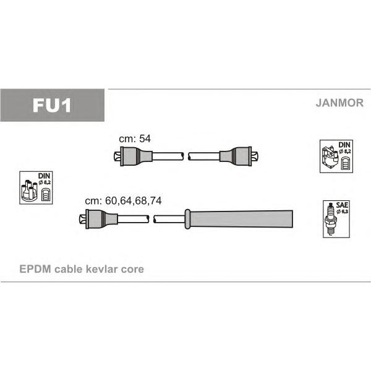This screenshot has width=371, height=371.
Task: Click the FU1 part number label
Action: (x=52, y=105)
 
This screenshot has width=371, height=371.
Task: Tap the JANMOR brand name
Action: (x=339, y=103)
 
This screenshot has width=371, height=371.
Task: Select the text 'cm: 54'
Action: (x=135, y=139)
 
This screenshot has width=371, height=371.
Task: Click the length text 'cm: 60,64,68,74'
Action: (x=123, y=200)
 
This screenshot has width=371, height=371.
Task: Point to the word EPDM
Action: (x=35, y=269)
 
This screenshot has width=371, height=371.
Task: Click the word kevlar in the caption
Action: (x=101, y=269)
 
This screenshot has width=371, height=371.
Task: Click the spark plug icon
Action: (x=331, y=219)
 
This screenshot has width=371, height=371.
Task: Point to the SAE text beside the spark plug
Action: (x=342, y=205)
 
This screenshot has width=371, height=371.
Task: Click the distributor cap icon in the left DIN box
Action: (x=29, y=190)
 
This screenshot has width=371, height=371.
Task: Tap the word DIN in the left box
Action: (x=45, y=176)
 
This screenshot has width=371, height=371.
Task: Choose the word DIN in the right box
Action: (x=344, y=145)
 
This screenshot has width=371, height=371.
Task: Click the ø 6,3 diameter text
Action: (x=343, y=211)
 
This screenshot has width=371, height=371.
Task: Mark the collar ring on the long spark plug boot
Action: (x=187, y=219)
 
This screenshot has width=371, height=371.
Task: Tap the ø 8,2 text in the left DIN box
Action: (x=45, y=182)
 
